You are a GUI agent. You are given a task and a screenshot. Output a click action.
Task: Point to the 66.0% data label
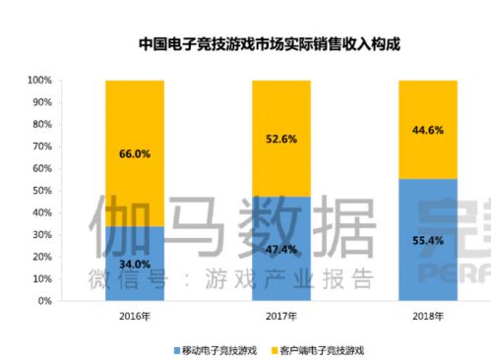[134, 153]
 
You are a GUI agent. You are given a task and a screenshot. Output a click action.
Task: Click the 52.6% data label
[281, 139]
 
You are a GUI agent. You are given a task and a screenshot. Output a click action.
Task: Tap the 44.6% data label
[428, 130]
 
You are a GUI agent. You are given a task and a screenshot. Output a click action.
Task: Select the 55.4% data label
[428, 239]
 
